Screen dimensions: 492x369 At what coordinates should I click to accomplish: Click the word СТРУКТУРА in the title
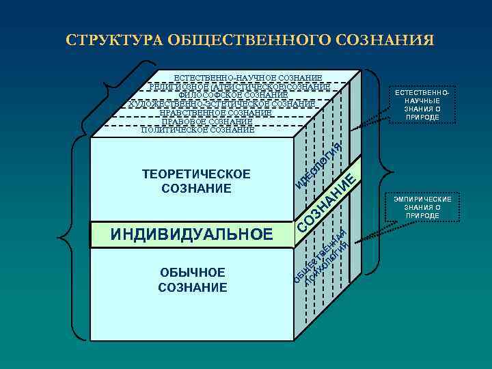(110, 39)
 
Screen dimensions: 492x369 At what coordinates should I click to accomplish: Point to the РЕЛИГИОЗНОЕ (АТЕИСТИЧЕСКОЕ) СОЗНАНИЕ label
(240, 87)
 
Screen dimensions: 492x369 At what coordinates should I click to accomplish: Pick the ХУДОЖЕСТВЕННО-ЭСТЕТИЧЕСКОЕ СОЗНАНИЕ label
(222, 104)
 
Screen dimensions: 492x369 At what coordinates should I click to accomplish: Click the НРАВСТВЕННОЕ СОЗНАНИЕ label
(215, 113)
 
